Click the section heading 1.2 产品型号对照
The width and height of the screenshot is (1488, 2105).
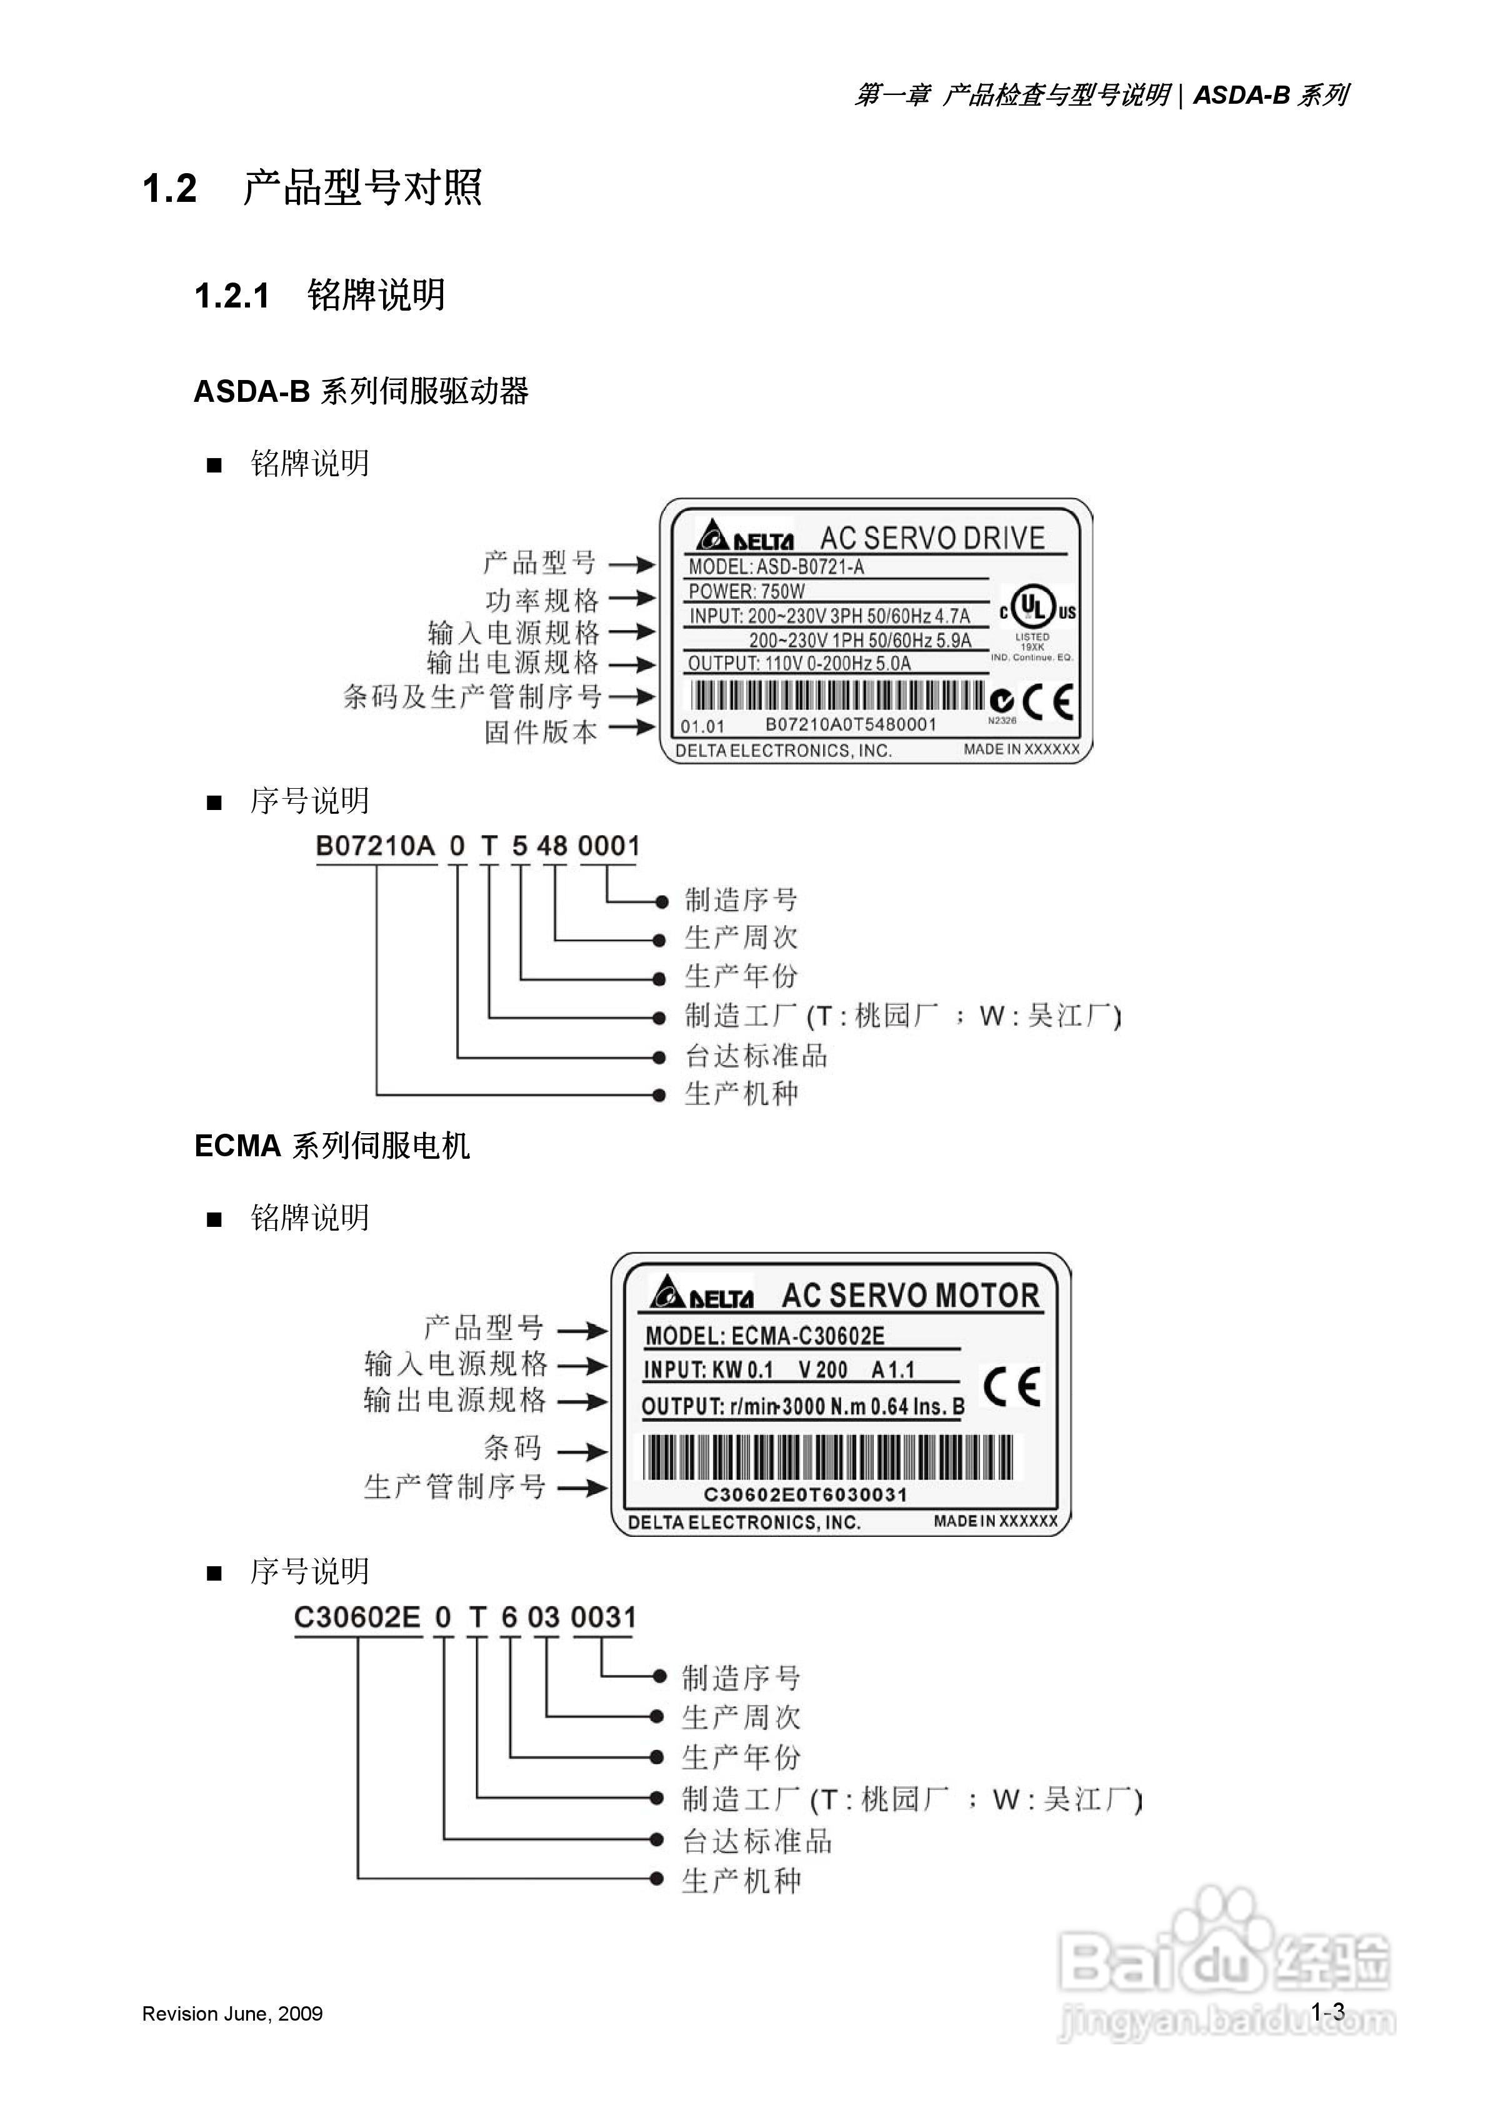(312, 188)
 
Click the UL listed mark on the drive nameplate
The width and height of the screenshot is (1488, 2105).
(1037, 609)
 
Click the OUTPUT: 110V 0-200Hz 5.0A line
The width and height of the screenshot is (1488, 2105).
(799, 663)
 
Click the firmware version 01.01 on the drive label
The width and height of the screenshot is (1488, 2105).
(702, 727)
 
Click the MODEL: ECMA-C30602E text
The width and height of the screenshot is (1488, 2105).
(765, 1336)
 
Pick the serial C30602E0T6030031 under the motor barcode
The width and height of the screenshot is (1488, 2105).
(805, 1494)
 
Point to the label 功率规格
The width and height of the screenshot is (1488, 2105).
(542, 601)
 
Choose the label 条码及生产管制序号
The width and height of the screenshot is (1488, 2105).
(472, 697)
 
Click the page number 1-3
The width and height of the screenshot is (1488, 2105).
(1327, 2011)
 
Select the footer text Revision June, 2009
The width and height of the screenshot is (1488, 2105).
(232, 2013)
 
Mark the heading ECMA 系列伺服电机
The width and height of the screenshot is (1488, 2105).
(332, 1146)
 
